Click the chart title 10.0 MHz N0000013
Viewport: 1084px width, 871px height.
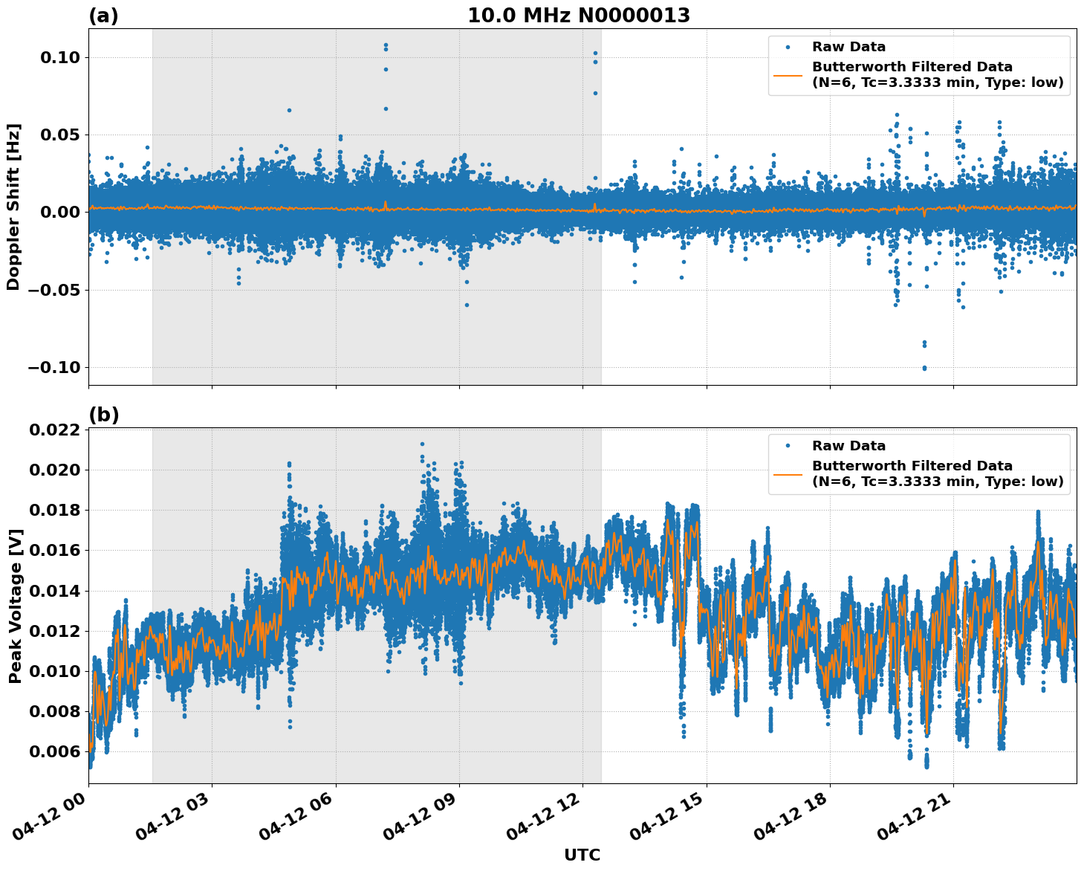click(578, 16)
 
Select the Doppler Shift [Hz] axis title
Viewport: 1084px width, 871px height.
click(13, 207)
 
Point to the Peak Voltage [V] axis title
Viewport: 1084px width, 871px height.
click(16, 606)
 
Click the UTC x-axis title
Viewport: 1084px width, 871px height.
click(582, 855)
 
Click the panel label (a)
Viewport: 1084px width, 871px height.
click(103, 16)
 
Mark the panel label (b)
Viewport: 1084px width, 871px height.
click(103, 415)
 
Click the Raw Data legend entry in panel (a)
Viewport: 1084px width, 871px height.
click(848, 47)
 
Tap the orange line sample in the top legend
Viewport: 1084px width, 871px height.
click(788, 74)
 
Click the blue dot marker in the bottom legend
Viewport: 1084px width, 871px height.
click(788, 446)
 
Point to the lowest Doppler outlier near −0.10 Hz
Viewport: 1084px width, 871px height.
click(924, 368)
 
